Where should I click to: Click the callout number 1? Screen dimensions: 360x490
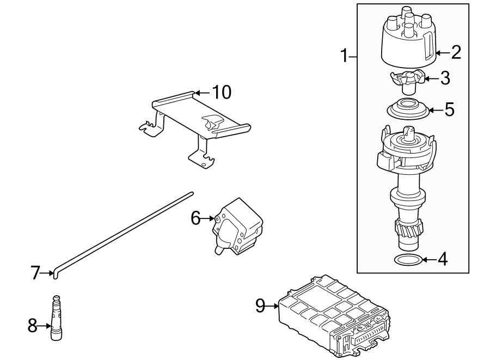(x=344, y=56)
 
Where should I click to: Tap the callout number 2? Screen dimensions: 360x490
(x=455, y=52)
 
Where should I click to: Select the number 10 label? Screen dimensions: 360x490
(x=222, y=92)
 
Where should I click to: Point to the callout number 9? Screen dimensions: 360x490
(x=260, y=306)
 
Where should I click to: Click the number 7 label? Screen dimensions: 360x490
(x=35, y=272)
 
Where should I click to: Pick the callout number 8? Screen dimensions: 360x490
(x=33, y=326)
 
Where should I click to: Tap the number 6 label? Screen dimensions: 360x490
(x=196, y=218)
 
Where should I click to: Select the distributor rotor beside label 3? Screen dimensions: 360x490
(x=406, y=80)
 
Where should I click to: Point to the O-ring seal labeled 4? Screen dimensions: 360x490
(x=406, y=260)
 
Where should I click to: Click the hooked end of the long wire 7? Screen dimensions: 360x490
(x=54, y=272)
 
